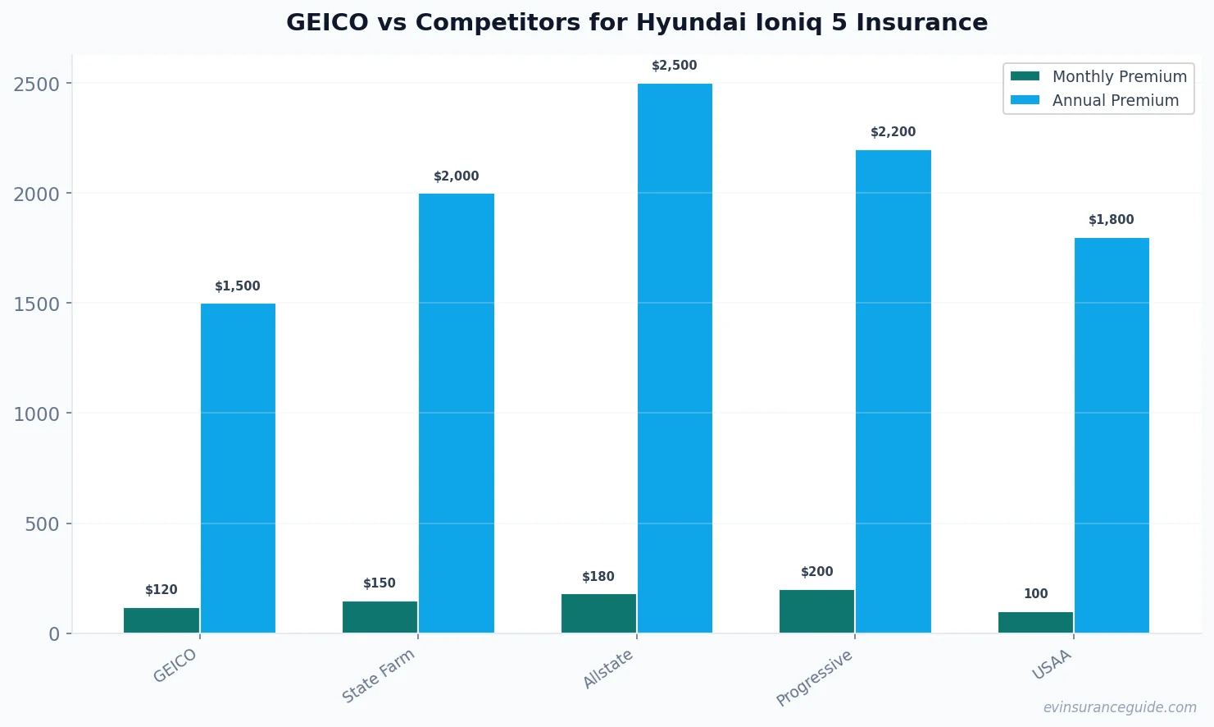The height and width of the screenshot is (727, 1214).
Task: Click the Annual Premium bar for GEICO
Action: [238, 468]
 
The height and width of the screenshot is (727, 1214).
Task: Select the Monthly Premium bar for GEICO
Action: [161, 620]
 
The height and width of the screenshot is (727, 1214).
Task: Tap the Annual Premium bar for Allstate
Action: [675, 358]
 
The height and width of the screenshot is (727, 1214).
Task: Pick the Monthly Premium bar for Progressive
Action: [816, 611]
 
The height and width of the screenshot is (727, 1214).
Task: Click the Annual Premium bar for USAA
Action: [1112, 435]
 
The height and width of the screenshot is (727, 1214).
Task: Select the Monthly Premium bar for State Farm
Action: [380, 617]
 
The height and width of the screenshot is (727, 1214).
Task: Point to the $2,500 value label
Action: [675, 66]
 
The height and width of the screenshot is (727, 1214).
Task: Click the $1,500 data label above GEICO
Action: [238, 286]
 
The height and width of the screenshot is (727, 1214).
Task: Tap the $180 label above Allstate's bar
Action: [598, 577]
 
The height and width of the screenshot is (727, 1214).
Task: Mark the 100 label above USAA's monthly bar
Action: [1035, 594]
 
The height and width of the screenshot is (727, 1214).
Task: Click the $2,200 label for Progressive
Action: [893, 132]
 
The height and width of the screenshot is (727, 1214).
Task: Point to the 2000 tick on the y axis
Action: [37, 194]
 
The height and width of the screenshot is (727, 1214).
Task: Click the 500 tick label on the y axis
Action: [43, 524]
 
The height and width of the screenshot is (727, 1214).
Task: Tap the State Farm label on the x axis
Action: [379, 675]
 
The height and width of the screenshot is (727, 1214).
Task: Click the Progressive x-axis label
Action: [815, 678]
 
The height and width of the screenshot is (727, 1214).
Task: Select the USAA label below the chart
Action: [1052, 665]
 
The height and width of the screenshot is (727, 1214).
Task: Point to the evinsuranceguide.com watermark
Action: [1120, 707]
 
